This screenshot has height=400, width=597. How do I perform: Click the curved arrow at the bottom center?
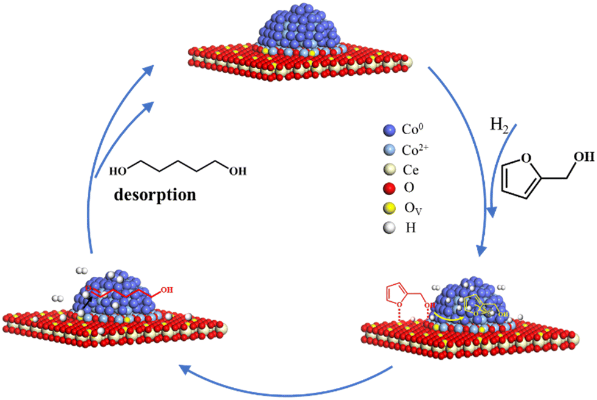(x=287, y=381)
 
